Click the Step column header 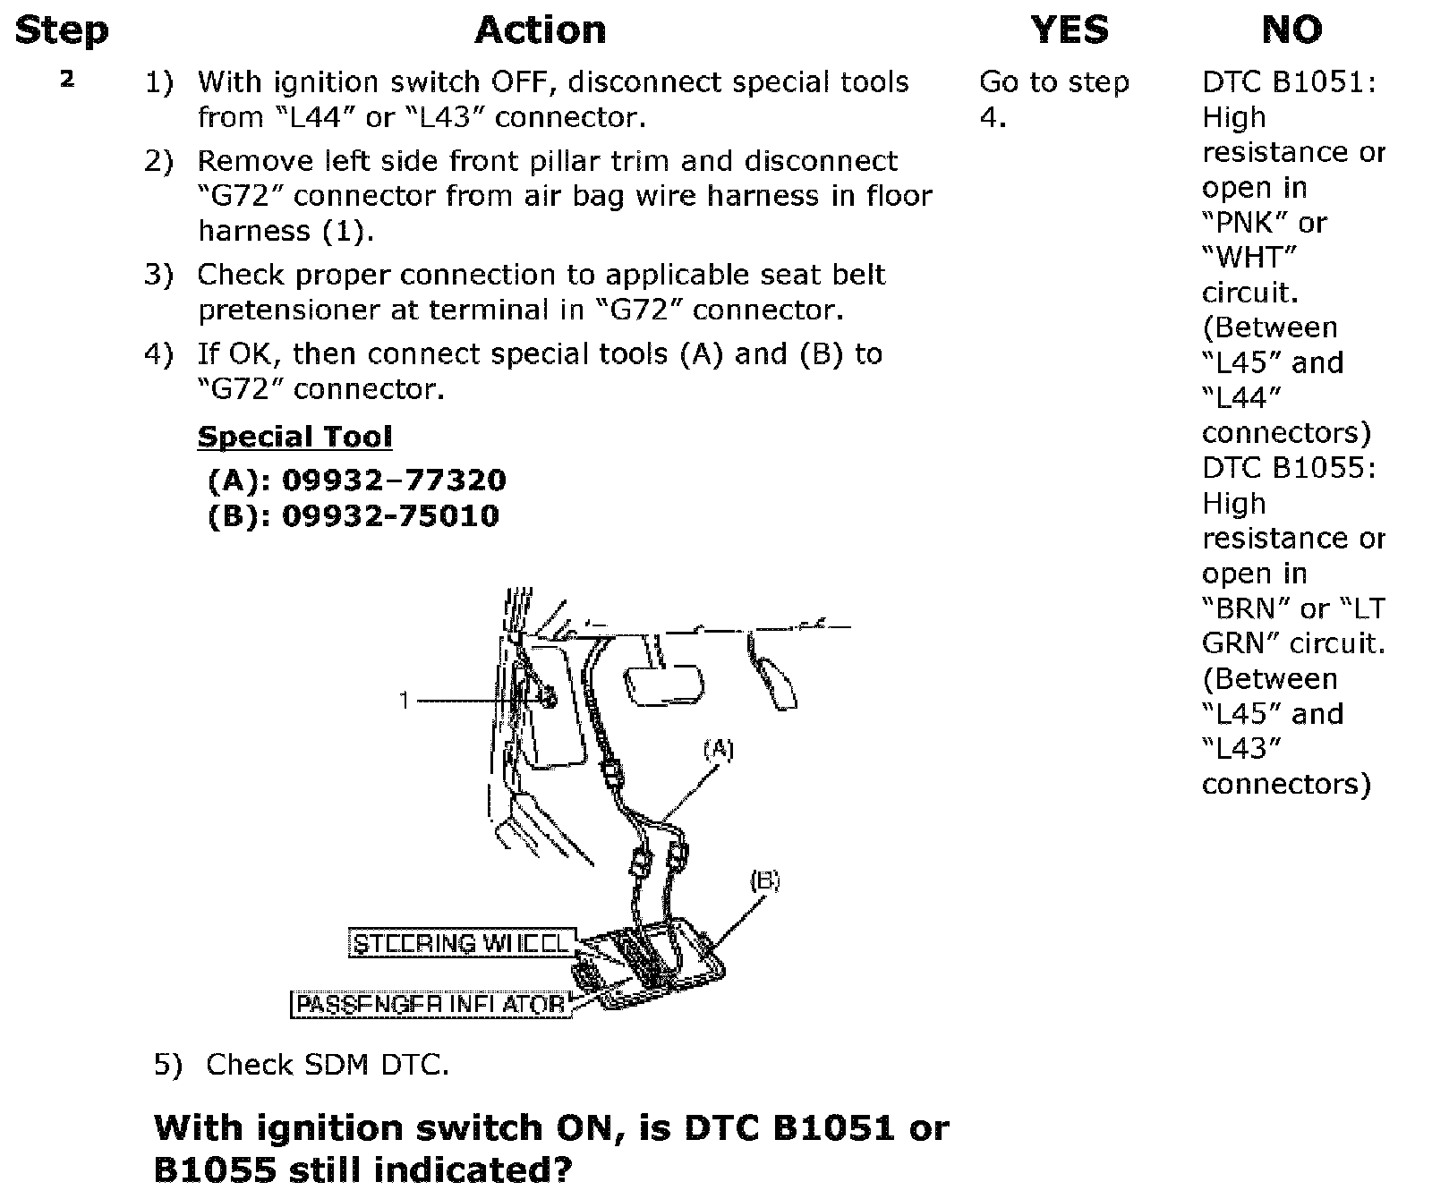62,30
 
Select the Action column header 540,30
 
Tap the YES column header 1070,30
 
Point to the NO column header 1291,30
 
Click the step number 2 67,79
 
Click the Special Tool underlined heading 294,437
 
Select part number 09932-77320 394,480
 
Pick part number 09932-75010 390,516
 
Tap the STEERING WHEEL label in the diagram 460,944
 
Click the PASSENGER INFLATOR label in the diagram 430,1005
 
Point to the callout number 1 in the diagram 405,700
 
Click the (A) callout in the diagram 718,750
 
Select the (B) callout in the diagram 764,881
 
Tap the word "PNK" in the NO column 1240,223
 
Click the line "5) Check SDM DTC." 302,1065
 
